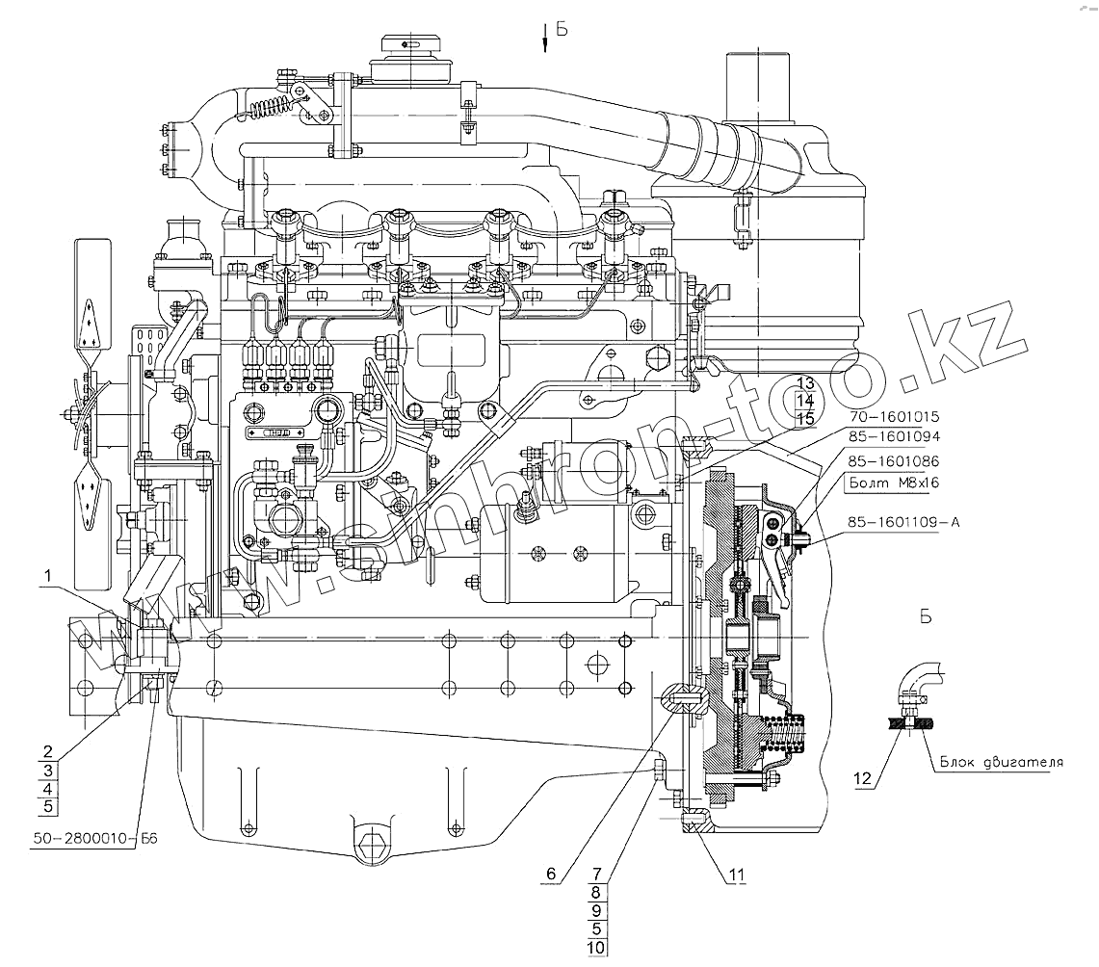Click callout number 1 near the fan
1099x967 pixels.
pyautogui.click(x=46, y=577)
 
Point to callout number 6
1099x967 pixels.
pyautogui.click(x=551, y=874)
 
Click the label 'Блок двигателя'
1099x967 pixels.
pyautogui.click(x=997, y=762)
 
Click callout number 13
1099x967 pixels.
pyautogui.click(x=805, y=383)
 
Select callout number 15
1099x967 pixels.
pyautogui.click(x=805, y=419)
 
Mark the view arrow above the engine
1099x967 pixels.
pyautogui.click(x=546, y=36)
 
